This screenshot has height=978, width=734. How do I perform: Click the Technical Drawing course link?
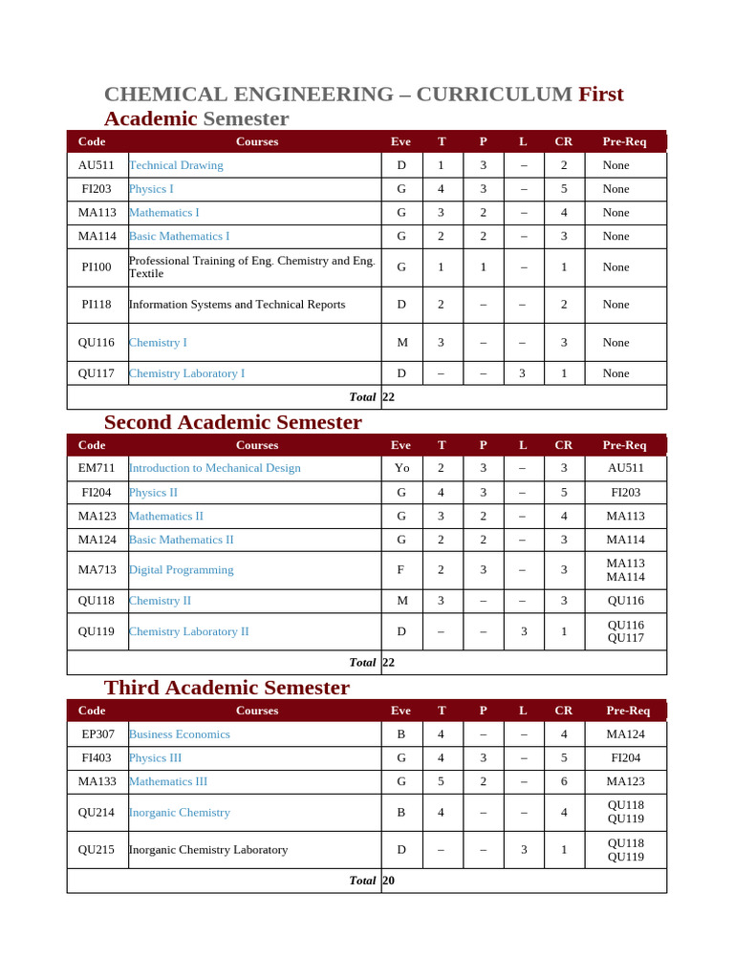176,165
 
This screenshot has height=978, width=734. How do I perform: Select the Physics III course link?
155,758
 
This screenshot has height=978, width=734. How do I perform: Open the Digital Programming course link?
181,570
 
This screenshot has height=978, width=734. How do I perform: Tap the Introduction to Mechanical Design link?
214,468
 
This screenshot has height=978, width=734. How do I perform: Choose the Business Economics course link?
179,734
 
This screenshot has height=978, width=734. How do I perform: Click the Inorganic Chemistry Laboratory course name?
207,850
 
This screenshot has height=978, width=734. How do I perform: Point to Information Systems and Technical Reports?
236,305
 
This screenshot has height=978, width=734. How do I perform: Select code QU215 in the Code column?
97,850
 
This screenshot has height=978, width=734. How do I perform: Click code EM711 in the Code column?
97,468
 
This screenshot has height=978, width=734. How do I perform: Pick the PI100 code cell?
97,267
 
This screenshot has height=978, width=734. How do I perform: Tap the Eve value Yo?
401,468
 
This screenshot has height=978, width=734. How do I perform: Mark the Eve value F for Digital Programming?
401,570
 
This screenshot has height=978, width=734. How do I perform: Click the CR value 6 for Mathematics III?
564,781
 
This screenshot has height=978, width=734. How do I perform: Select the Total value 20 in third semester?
388,881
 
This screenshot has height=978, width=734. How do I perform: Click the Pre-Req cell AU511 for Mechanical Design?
625,468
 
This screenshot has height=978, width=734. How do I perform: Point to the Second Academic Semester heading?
232,422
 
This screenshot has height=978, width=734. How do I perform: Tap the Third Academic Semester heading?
227,688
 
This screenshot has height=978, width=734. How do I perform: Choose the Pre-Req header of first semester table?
624,141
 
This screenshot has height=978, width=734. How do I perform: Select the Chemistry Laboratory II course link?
188,631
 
